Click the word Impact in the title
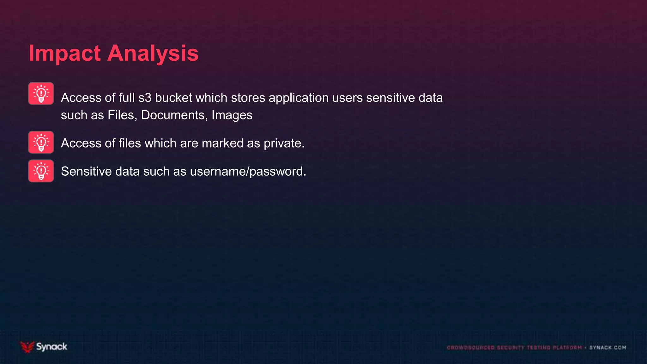tap(65, 53)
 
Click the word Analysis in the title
tap(153, 53)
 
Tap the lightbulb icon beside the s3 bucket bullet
tap(41, 94)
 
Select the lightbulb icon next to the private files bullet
tap(41, 142)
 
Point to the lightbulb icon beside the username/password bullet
tap(41, 171)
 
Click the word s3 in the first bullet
tap(145, 98)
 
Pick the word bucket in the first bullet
tap(173, 98)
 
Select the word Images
tap(232, 115)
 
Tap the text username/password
tap(248, 171)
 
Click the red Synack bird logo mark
tap(27, 347)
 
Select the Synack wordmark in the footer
tap(51, 347)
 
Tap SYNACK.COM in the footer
tap(608, 348)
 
